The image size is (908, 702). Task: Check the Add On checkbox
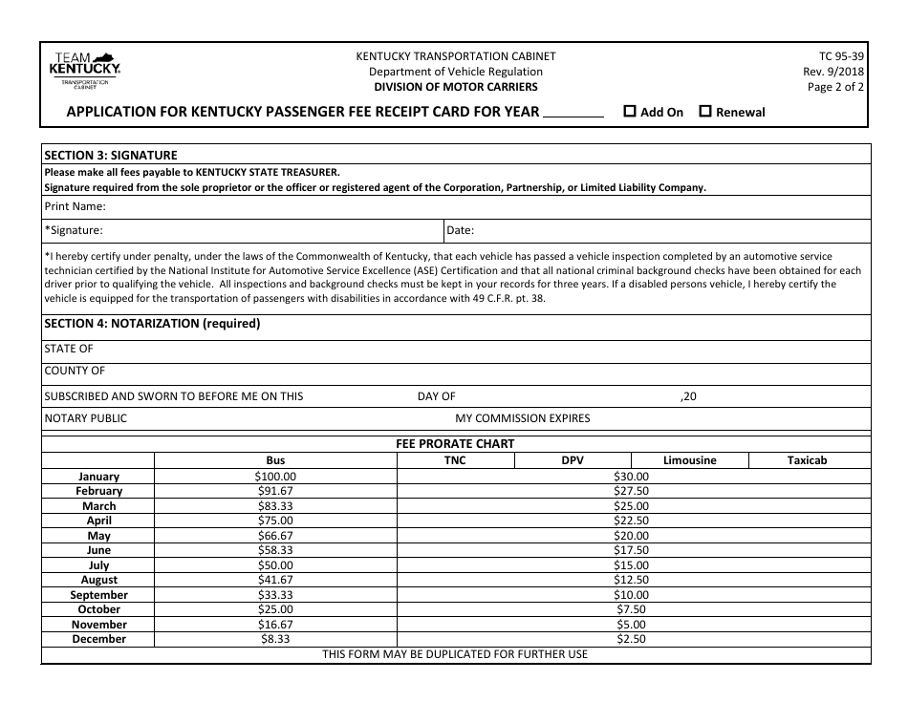(x=630, y=111)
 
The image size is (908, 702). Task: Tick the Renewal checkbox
(x=705, y=111)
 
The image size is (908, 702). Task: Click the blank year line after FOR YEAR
(x=573, y=113)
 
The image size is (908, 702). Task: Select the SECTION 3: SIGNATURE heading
(x=111, y=155)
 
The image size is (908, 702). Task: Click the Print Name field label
(x=75, y=205)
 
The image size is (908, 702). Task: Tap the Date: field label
(x=461, y=230)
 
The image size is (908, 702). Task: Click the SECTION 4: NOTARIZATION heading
(x=152, y=324)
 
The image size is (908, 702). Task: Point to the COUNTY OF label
(x=75, y=371)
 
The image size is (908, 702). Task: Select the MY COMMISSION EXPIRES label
(x=522, y=417)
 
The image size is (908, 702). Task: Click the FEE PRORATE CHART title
(x=455, y=443)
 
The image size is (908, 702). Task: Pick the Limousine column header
(x=689, y=460)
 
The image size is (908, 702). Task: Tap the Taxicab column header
(x=807, y=460)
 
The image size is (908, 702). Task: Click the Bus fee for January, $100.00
(x=275, y=476)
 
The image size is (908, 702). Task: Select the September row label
(x=99, y=595)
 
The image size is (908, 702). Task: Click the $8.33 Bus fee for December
(x=275, y=639)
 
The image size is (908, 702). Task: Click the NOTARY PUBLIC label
(x=85, y=417)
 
